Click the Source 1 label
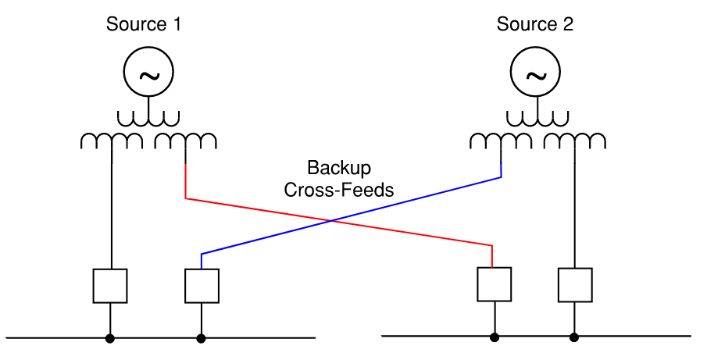pyautogui.click(x=144, y=24)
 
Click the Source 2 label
pyautogui.click(x=535, y=24)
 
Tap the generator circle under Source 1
pyautogui.click(x=148, y=73)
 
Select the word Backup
pyautogui.click(x=339, y=168)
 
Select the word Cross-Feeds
pyautogui.click(x=339, y=190)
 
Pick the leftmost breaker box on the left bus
pyautogui.click(x=110, y=286)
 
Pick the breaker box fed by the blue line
pyautogui.click(x=202, y=286)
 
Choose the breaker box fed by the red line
pyautogui.click(x=494, y=284)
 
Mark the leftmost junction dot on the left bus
pyautogui.click(x=110, y=338)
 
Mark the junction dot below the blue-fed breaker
pyautogui.click(x=202, y=338)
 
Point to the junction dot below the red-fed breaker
pyautogui.click(x=494, y=337)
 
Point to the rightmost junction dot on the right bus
pyautogui.click(x=575, y=337)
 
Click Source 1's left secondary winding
pyautogui.click(x=112, y=141)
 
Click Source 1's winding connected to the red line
pyautogui.click(x=185, y=141)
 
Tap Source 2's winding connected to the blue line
pyautogui.click(x=501, y=141)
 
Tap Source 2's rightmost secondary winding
pyautogui.click(x=575, y=141)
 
